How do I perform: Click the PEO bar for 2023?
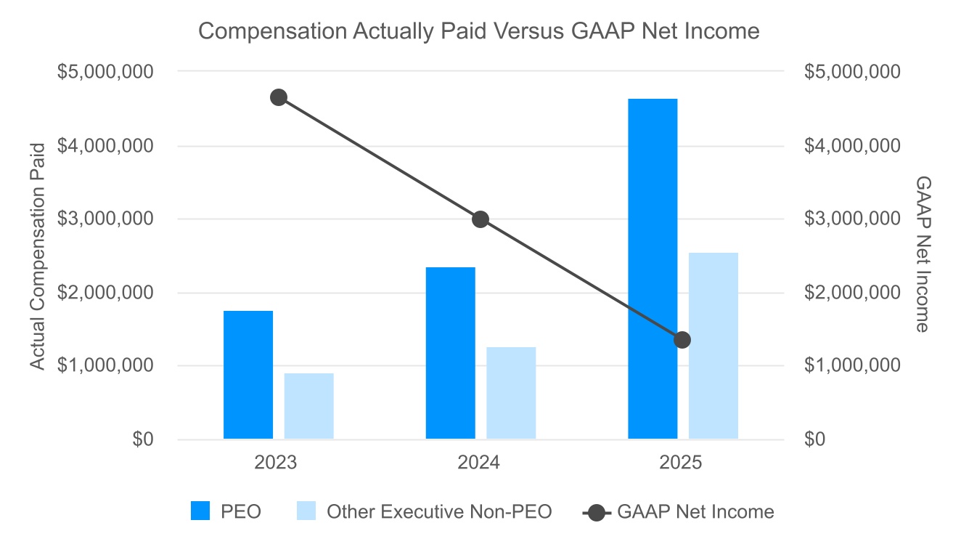pyautogui.click(x=248, y=375)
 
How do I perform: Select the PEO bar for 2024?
pyautogui.click(x=451, y=353)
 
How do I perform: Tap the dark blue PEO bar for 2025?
pyautogui.click(x=653, y=269)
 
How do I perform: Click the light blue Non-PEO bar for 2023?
pyautogui.click(x=309, y=406)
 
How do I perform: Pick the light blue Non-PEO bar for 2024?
pyautogui.click(x=511, y=393)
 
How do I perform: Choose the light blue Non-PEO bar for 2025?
pyautogui.click(x=713, y=346)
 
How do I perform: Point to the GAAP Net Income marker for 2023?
pyautogui.click(x=279, y=97)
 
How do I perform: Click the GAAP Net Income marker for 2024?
pyautogui.click(x=480, y=219)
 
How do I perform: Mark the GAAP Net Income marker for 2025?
pyautogui.click(x=682, y=340)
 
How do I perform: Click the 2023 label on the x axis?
pyautogui.click(x=275, y=463)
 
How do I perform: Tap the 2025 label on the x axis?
pyautogui.click(x=680, y=463)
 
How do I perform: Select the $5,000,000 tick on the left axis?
pyautogui.click(x=105, y=71)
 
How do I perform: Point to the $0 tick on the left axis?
pyautogui.click(x=143, y=439)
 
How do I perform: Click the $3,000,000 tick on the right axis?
pyautogui.click(x=852, y=219)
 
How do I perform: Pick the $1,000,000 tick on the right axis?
pyautogui.click(x=852, y=365)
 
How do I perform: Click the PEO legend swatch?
pyautogui.click(x=200, y=511)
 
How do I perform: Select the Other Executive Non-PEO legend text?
pyautogui.click(x=439, y=511)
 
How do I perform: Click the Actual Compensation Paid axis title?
pyautogui.click(x=37, y=256)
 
